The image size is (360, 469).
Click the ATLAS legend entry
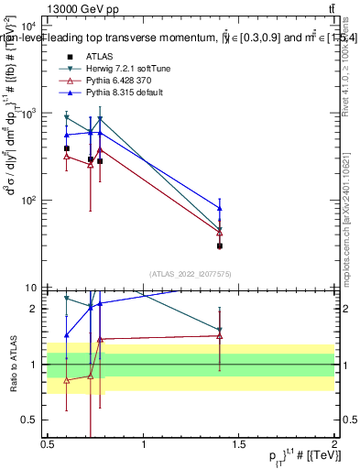(98, 55)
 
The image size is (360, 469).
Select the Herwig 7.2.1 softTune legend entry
(127, 68)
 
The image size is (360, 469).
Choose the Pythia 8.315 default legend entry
(124, 93)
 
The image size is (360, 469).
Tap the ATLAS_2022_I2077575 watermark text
(190, 273)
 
